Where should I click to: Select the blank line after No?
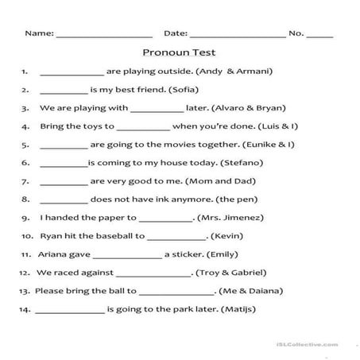pos(319,35)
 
